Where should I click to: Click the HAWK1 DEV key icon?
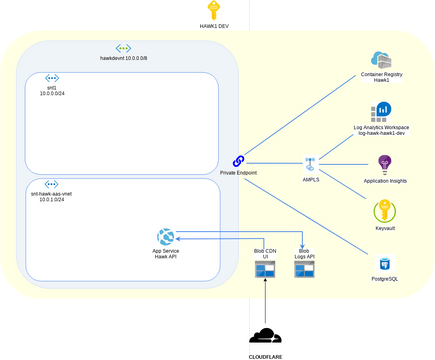click(209, 10)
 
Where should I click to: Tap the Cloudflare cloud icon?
click(265, 336)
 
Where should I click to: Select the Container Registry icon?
click(380, 60)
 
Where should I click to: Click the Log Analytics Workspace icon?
click(380, 110)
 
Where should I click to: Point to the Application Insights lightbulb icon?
click(385, 164)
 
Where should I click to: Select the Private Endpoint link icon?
click(239, 161)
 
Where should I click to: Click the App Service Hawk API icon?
click(165, 236)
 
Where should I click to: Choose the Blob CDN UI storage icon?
click(265, 270)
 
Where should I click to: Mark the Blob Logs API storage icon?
click(304, 270)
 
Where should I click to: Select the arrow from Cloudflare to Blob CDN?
click(265, 300)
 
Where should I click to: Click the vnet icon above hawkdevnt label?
click(123, 47)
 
